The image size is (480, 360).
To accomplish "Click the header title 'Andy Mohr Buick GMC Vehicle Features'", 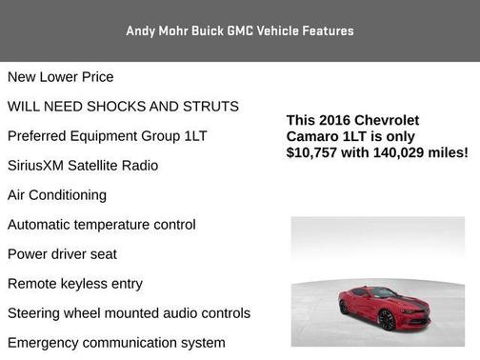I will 240,30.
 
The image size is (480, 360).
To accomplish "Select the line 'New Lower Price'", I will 60,76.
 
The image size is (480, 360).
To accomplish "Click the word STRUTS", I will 208,106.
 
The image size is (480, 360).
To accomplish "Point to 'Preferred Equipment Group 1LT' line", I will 107,135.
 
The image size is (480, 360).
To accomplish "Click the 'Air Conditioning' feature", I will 57,194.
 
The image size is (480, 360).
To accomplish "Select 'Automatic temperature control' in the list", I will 101,225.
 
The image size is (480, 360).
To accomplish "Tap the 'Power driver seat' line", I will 62,254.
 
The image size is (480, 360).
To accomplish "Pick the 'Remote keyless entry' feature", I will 75,284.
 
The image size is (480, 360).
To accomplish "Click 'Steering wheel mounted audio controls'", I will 129,313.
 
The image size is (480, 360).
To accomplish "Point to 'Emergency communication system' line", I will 116,343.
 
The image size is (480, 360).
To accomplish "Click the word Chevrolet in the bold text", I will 388,120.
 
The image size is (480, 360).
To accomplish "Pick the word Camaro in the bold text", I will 310,136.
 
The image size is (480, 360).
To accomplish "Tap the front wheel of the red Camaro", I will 388,320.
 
